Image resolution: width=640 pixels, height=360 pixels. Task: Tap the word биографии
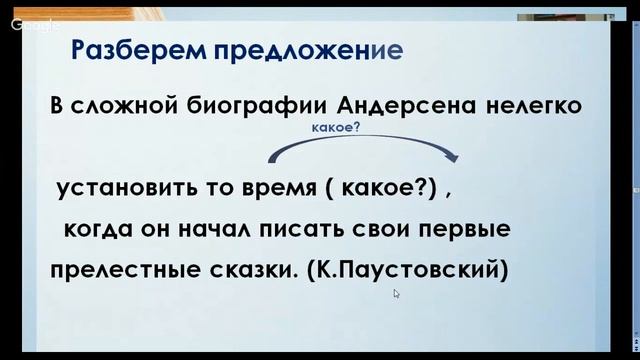[x=242, y=105]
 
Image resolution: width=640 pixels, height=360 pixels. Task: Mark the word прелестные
[x=120, y=270]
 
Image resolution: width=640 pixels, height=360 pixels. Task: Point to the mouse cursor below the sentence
[x=396, y=294]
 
